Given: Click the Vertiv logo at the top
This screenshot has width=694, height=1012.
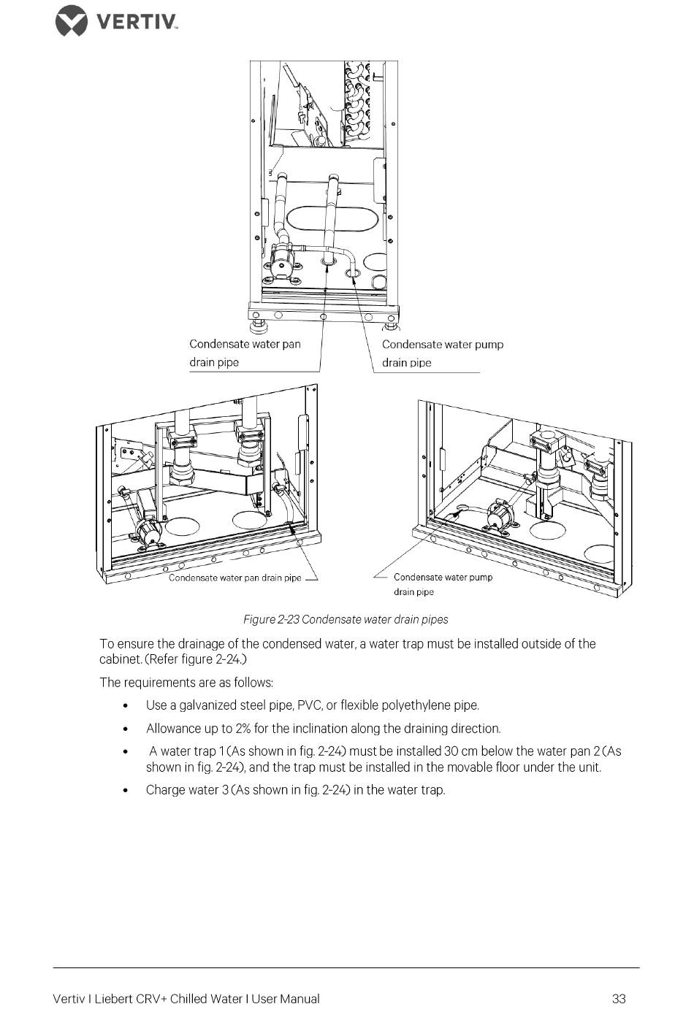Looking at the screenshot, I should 117,20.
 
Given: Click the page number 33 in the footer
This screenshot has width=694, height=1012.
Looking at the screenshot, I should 619,998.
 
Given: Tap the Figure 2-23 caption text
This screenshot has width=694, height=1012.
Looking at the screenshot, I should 346,619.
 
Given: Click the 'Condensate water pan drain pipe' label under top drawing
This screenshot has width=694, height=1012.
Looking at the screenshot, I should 245,353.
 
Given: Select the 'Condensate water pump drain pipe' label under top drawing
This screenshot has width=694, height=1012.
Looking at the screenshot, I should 442,353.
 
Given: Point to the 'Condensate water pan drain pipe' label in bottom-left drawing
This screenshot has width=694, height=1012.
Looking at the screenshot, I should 234,578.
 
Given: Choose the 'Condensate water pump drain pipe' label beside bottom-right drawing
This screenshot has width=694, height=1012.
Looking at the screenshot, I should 443,584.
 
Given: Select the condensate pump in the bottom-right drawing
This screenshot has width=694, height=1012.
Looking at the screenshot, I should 501,514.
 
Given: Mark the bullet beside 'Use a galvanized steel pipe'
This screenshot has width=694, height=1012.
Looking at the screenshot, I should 126,706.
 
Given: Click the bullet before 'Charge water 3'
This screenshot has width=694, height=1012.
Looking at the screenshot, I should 126,790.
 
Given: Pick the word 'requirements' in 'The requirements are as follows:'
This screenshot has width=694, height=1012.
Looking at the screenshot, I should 156,683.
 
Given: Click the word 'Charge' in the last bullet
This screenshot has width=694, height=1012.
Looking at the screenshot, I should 166,790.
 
